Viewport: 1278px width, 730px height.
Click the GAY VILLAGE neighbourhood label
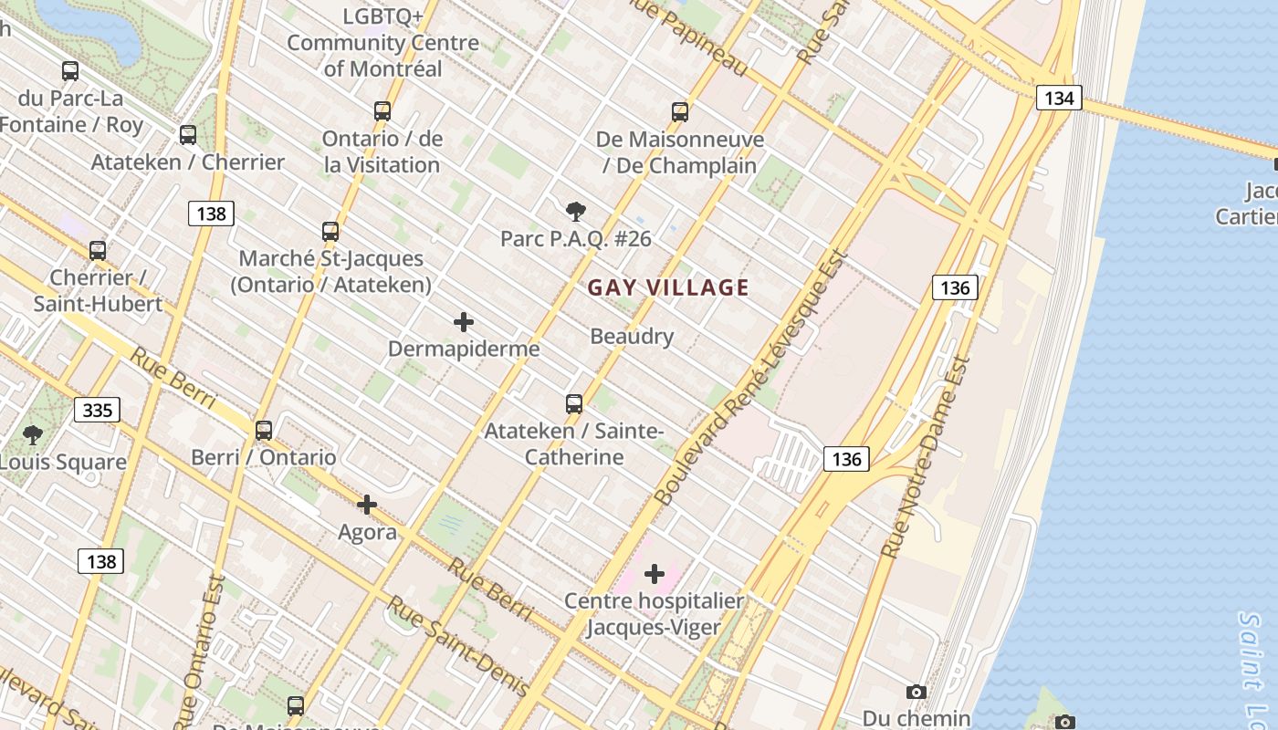point(668,288)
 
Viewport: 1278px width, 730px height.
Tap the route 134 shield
point(1059,98)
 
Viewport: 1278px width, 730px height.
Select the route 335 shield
point(98,410)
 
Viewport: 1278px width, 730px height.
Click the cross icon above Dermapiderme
point(464,322)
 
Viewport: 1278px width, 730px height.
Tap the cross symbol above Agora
point(367,505)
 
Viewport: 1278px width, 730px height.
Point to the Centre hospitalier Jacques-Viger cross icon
point(655,574)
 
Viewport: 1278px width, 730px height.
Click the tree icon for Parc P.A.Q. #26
point(575,213)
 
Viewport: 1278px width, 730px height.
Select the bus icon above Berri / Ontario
point(264,430)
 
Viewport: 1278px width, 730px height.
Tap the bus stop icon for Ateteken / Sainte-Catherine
point(574,403)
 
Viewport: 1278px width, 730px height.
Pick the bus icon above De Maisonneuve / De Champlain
point(680,112)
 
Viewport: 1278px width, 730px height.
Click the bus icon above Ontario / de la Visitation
point(382,111)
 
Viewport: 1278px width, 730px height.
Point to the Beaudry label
point(632,337)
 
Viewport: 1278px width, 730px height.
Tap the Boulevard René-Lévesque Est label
point(752,379)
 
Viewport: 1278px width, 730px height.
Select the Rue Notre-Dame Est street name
point(924,456)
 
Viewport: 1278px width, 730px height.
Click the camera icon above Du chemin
point(917,693)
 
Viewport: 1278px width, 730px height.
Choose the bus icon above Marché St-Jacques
point(330,232)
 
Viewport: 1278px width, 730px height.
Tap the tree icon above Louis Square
point(33,435)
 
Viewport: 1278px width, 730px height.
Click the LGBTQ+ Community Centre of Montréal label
point(382,42)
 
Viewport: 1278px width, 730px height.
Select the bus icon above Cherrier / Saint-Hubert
point(98,250)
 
